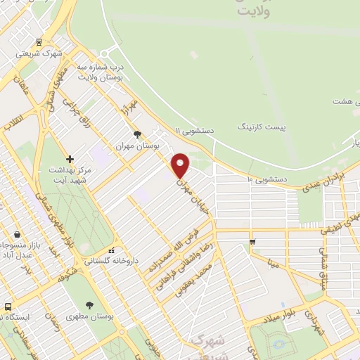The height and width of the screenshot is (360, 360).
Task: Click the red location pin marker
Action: [181, 165]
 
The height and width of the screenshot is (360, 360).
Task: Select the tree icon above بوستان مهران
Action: [137, 134]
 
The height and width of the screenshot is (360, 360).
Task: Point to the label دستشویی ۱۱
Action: [195, 131]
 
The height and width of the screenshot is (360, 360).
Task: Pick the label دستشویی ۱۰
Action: [267, 180]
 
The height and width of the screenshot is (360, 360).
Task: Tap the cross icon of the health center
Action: [69, 160]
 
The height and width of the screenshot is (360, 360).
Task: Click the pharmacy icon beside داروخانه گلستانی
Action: [111, 251]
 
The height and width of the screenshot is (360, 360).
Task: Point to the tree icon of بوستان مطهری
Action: [90, 304]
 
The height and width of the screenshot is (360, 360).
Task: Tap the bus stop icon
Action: [8, 307]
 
